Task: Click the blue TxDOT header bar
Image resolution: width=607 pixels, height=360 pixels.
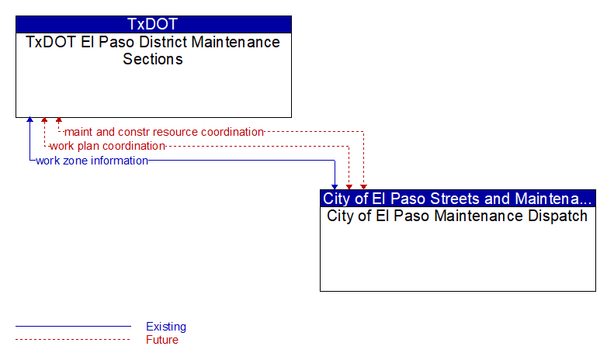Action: [x=153, y=24]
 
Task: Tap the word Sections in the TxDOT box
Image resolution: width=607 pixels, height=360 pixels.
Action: [x=153, y=59]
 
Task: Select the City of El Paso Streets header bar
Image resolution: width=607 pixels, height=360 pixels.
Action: [x=457, y=198]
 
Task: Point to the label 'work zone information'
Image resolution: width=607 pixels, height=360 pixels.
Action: [x=92, y=161]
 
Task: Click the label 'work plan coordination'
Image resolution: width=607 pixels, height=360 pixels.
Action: [x=108, y=146]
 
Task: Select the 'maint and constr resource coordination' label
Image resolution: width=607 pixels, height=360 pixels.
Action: [x=164, y=132]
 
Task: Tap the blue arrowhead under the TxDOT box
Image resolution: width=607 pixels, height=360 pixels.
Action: [x=29, y=119]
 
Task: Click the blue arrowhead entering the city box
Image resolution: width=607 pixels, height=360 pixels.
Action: [x=335, y=187]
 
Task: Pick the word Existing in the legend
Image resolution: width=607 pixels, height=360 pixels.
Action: [x=166, y=327]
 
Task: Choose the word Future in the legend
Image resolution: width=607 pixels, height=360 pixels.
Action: [x=162, y=340]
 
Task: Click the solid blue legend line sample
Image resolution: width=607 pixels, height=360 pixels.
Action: [x=73, y=327]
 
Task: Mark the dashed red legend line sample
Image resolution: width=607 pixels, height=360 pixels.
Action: [x=73, y=340]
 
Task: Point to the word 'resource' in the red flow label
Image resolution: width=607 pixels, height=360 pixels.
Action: [x=178, y=132]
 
